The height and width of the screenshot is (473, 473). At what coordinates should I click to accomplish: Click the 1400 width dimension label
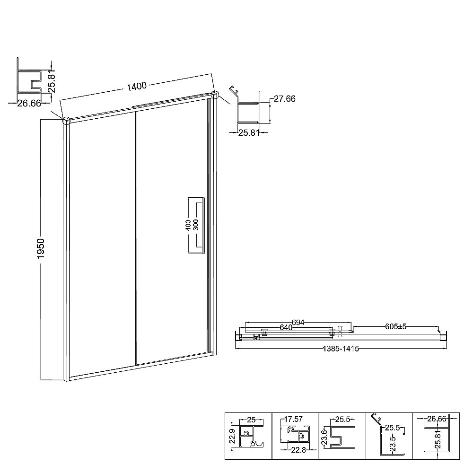[137, 86]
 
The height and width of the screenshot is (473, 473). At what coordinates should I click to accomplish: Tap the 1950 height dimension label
[41, 248]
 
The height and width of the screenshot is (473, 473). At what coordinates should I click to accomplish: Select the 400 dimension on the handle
[188, 225]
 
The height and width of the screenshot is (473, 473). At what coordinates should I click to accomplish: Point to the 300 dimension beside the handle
[196, 225]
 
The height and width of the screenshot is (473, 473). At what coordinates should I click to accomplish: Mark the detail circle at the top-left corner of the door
[67, 120]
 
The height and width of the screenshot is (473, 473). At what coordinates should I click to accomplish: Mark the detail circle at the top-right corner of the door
[215, 95]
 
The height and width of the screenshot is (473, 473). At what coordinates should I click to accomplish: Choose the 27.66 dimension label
[284, 99]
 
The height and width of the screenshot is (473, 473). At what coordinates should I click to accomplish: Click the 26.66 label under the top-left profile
[29, 104]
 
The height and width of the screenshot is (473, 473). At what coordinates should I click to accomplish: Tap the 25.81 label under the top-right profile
[249, 133]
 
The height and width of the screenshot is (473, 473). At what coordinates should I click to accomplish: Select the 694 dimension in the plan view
[298, 323]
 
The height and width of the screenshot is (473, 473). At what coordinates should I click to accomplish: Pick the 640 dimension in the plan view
[286, 327]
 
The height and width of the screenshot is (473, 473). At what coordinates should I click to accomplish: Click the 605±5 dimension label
[396, 326]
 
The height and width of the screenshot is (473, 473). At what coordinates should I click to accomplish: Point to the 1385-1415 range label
[341, 349]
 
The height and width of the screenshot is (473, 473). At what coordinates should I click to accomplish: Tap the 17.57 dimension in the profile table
[293, 419]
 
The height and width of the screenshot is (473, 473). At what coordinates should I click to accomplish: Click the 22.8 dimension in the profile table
[298, 450]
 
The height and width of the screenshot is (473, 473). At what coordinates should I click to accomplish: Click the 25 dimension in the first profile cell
[251, 419]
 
